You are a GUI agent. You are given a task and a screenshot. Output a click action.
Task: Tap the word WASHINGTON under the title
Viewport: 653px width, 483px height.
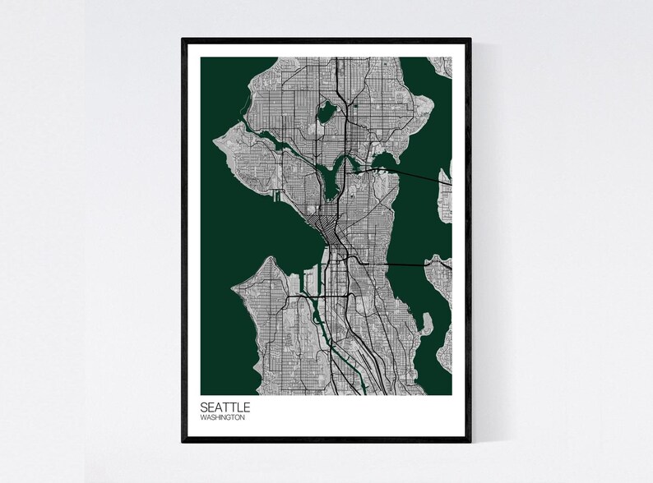pyautogui.click(x=222, y=417)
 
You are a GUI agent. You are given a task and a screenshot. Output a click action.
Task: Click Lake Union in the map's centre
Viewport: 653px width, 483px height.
pyautogui.click(x=332, y=177)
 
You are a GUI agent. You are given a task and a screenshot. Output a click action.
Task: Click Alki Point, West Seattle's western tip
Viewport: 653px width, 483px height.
pyautogui.click(x=237, y=287)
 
